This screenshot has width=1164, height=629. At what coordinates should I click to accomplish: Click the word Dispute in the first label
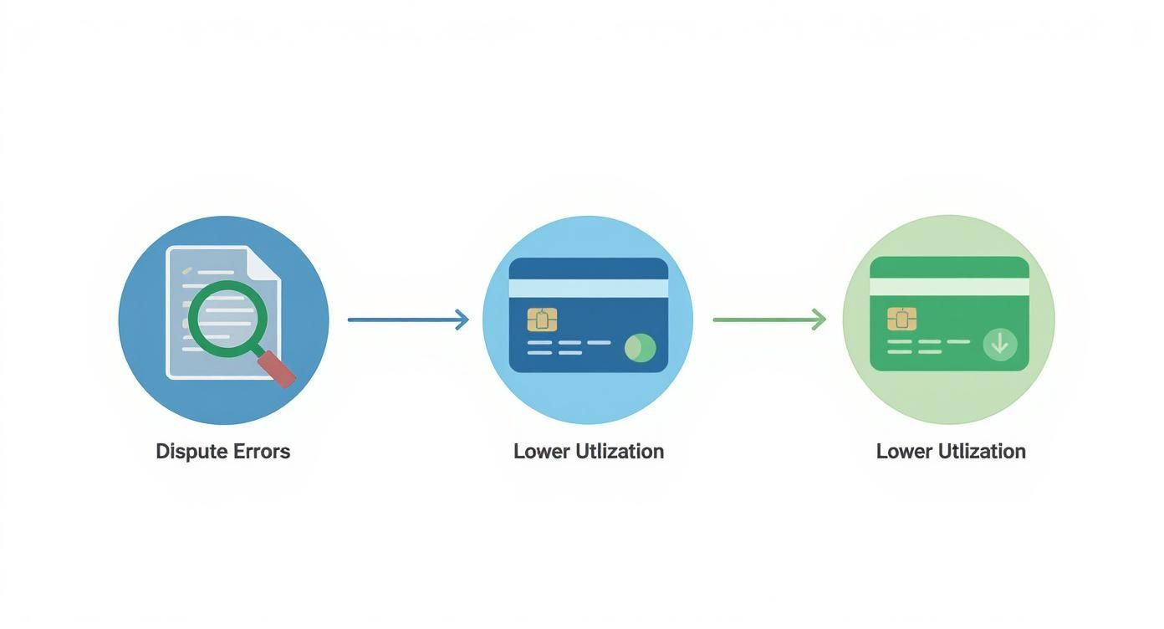(x=191, y=452)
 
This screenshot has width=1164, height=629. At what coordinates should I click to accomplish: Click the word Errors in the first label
(x=262, y=452)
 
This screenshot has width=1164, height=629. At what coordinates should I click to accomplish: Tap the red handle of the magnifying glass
(x=278, y=370)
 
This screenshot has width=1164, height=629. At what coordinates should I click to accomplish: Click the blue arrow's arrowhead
(x=462, y=320)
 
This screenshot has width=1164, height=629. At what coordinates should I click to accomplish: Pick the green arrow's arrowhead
(x=819, y=320)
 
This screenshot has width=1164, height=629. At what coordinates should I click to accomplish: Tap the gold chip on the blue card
(x=543, y=320)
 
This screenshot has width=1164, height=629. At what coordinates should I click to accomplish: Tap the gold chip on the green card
(x=902, y=319)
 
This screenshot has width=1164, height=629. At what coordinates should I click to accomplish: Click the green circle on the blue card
(x=641, y=348)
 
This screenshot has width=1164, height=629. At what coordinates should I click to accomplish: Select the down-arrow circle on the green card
(x=1000, y=344)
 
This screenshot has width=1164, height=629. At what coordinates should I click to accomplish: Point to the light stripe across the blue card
(x=589, y=288)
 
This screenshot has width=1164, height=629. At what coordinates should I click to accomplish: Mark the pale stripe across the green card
(x=949, y=287)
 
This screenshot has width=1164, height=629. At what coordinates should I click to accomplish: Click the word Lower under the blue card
(x=542, y=452)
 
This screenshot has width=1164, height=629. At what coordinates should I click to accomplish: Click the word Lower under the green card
(x=904, y=452)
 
